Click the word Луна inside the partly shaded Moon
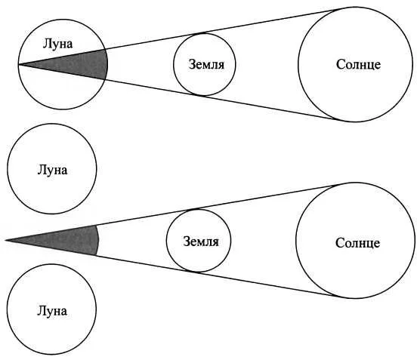click(x=57, y=44)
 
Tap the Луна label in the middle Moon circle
click(x=52, y=170)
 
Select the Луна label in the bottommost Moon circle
click(x=52, y=311)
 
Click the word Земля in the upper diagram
click(x=206, y=65)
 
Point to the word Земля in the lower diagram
click(x=201, y=242)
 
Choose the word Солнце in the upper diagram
click(x=358, y=64)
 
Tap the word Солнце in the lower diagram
click(x=357, y=243)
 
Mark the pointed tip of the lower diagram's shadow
click(x=5, y=241)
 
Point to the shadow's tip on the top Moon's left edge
click(x=19, y=65)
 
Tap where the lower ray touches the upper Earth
click(x=201, y=96)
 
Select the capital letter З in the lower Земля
click(x=187, y=242)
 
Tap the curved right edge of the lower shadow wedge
click(x=98, y=241)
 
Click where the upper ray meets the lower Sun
click(x=341, y=184)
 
